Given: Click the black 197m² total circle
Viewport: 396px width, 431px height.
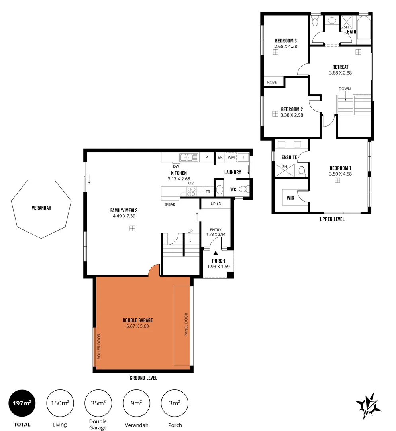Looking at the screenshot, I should [22, 403].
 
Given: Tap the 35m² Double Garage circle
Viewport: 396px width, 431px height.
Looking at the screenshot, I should [98, 403].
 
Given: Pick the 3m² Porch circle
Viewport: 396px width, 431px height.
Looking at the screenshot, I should [174, 403].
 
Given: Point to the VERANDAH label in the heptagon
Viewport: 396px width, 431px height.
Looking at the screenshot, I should [41, 208].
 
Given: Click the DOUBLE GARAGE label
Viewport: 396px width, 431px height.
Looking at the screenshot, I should [137, 320].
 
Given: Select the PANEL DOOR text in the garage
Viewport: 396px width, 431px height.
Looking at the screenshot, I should [186, 324].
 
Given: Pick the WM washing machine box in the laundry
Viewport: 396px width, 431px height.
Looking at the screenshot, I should [231, 158].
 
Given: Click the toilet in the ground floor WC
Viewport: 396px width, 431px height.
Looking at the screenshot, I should [243, 189].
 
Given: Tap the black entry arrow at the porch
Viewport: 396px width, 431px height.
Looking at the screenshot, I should [216, 252].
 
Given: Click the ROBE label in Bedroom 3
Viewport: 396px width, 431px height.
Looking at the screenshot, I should [272, 82].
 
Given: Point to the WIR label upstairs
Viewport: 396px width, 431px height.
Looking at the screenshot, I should [290, 198].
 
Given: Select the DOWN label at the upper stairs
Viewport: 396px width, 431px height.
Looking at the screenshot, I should [345, 89].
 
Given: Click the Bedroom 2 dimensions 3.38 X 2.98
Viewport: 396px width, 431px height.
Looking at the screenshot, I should [292, 115].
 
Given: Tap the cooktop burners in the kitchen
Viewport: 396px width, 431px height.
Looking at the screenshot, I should [191, 192].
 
